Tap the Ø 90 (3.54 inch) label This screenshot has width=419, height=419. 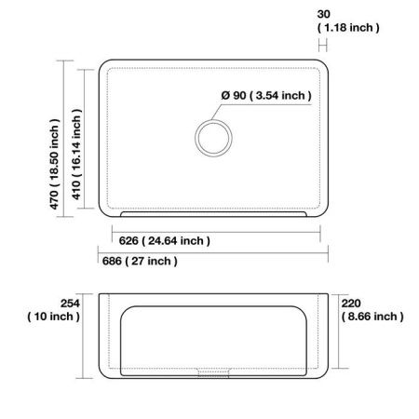(x=266, y=96)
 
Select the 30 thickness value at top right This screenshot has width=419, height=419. (x=323, y=14)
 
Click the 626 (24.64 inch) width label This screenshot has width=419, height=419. (x=163, y=241)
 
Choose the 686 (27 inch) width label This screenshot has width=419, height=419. (x=138, y=262)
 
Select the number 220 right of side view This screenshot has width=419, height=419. (x=351, y=303)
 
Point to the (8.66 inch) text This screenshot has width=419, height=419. (x=372, y=317)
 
